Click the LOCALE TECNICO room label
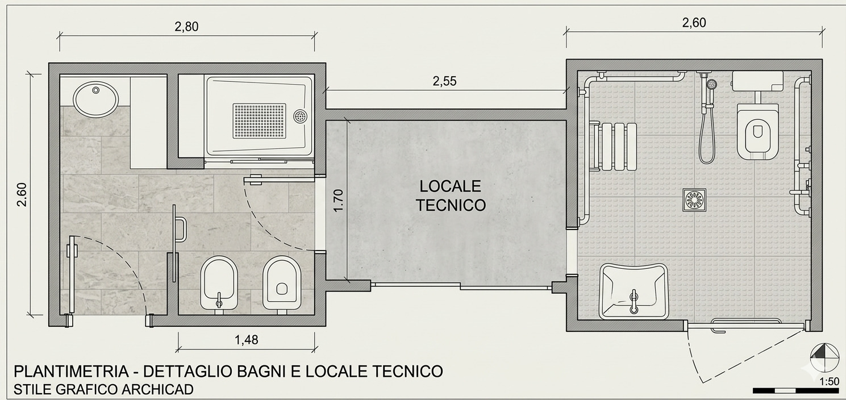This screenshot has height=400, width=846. coord(451,195)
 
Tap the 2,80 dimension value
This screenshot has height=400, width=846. coord(187,27)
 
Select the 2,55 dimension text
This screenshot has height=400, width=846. coord(444,81)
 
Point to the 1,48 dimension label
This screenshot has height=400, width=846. coord(246,340)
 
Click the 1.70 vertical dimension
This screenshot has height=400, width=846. coord(338,201)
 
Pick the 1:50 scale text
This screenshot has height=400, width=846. coord(829,382)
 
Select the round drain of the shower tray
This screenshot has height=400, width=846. coord(300,116)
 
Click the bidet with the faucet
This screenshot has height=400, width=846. coord(219,283)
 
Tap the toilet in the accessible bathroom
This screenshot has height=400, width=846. coord(757,130)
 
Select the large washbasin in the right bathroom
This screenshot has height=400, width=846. coord(633,290)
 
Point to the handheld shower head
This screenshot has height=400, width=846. coord(711,85)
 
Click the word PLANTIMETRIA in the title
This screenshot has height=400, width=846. coord(70,371)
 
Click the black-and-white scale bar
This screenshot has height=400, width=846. coord(795,391)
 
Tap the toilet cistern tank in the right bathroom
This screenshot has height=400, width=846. coord(757,80)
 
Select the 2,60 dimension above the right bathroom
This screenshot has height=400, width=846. coord(694,23)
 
